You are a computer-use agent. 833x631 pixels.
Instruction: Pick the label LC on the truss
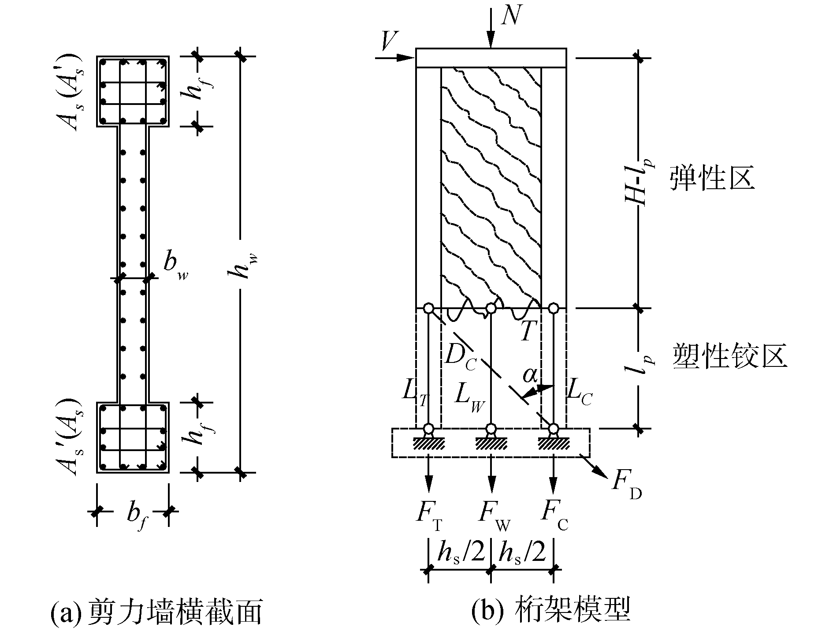click(x=579, y=392)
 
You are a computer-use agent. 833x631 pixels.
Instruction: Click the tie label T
click(x=527, y=331)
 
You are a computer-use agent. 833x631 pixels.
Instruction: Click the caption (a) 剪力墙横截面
click(x=156, y=612)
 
